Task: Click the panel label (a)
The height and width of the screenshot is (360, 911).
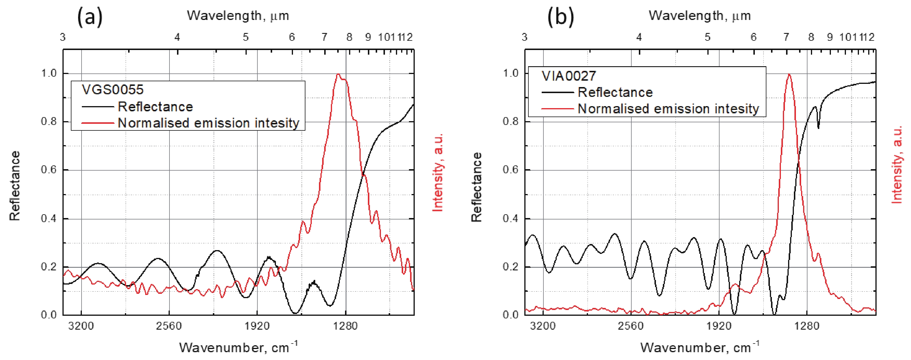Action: (90, 17)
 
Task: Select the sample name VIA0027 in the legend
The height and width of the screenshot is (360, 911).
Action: (569, 76)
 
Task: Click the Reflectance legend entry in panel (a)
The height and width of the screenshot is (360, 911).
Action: (155, 106)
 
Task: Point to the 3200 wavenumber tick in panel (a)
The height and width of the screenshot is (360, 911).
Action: (81, 326)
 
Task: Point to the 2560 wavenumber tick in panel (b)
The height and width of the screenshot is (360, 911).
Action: (631, 326)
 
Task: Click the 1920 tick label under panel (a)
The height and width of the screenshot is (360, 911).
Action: (257, 326)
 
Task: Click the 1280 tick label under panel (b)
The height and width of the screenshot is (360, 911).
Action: (807, 326)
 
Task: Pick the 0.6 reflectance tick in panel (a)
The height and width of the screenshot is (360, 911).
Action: (49, 170)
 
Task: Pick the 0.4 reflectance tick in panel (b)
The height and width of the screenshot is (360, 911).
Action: (510, 219)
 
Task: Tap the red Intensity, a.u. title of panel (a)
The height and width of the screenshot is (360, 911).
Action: (438, 173)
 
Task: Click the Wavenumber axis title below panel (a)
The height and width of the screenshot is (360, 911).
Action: (238, 347)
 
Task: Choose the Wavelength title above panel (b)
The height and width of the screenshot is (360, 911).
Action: (700, 16)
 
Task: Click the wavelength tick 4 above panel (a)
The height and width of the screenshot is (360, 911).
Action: (177, 37)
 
